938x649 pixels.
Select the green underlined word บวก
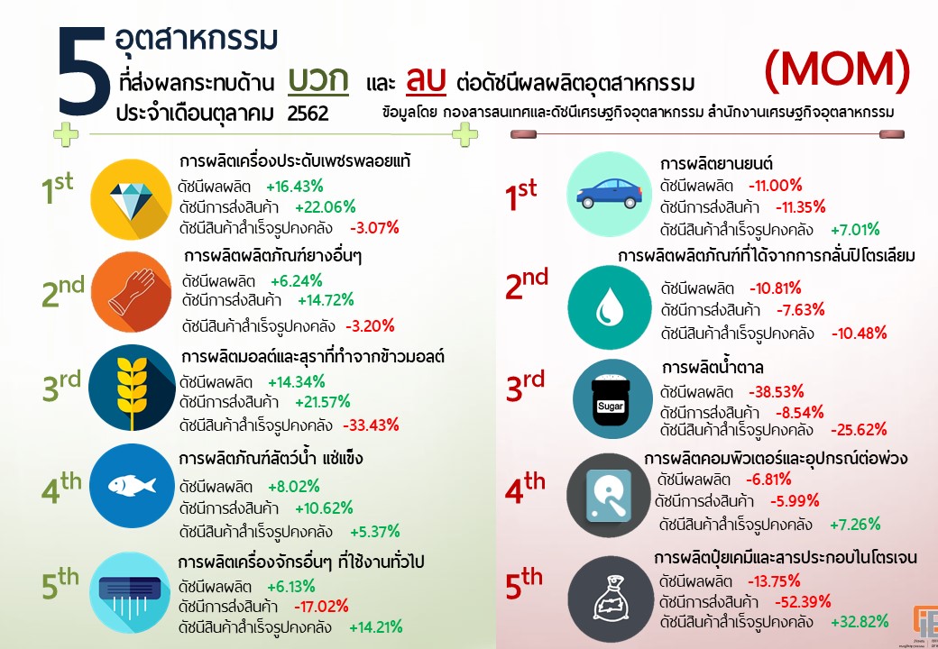click(318, 80)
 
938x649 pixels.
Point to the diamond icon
click(131, 196)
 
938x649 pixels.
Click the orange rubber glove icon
click(131, 288)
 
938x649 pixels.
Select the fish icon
click(131, 485)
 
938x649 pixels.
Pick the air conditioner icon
click(131, 584)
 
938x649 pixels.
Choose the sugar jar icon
click(611, 399)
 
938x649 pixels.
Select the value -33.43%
click(371, 425)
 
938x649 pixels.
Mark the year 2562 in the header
click(308, 114)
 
